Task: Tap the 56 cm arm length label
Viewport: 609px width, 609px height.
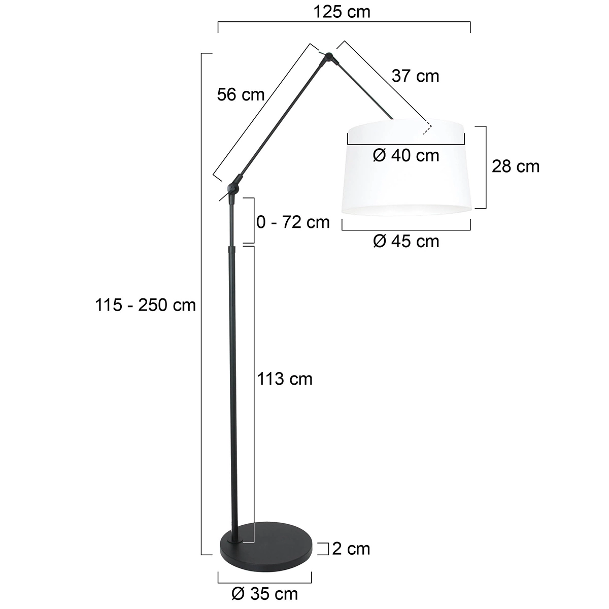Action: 241,94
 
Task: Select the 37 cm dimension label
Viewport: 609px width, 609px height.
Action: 415,76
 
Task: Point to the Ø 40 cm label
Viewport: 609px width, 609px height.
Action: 406,155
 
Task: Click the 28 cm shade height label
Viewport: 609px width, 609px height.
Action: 516,166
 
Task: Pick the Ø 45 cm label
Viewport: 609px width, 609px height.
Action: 406,241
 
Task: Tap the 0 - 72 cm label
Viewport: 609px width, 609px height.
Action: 293,222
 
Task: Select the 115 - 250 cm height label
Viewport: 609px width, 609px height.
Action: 145,305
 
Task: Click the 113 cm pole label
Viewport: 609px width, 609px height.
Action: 285,379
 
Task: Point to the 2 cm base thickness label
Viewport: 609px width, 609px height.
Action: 351,548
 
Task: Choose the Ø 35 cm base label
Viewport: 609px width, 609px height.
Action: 264,593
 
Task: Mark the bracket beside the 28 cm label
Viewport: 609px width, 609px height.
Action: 485,167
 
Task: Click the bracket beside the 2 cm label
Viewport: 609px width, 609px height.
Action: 324,548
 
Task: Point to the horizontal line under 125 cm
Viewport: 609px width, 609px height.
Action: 344,23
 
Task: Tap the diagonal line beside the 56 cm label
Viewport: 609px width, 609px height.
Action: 261,112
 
